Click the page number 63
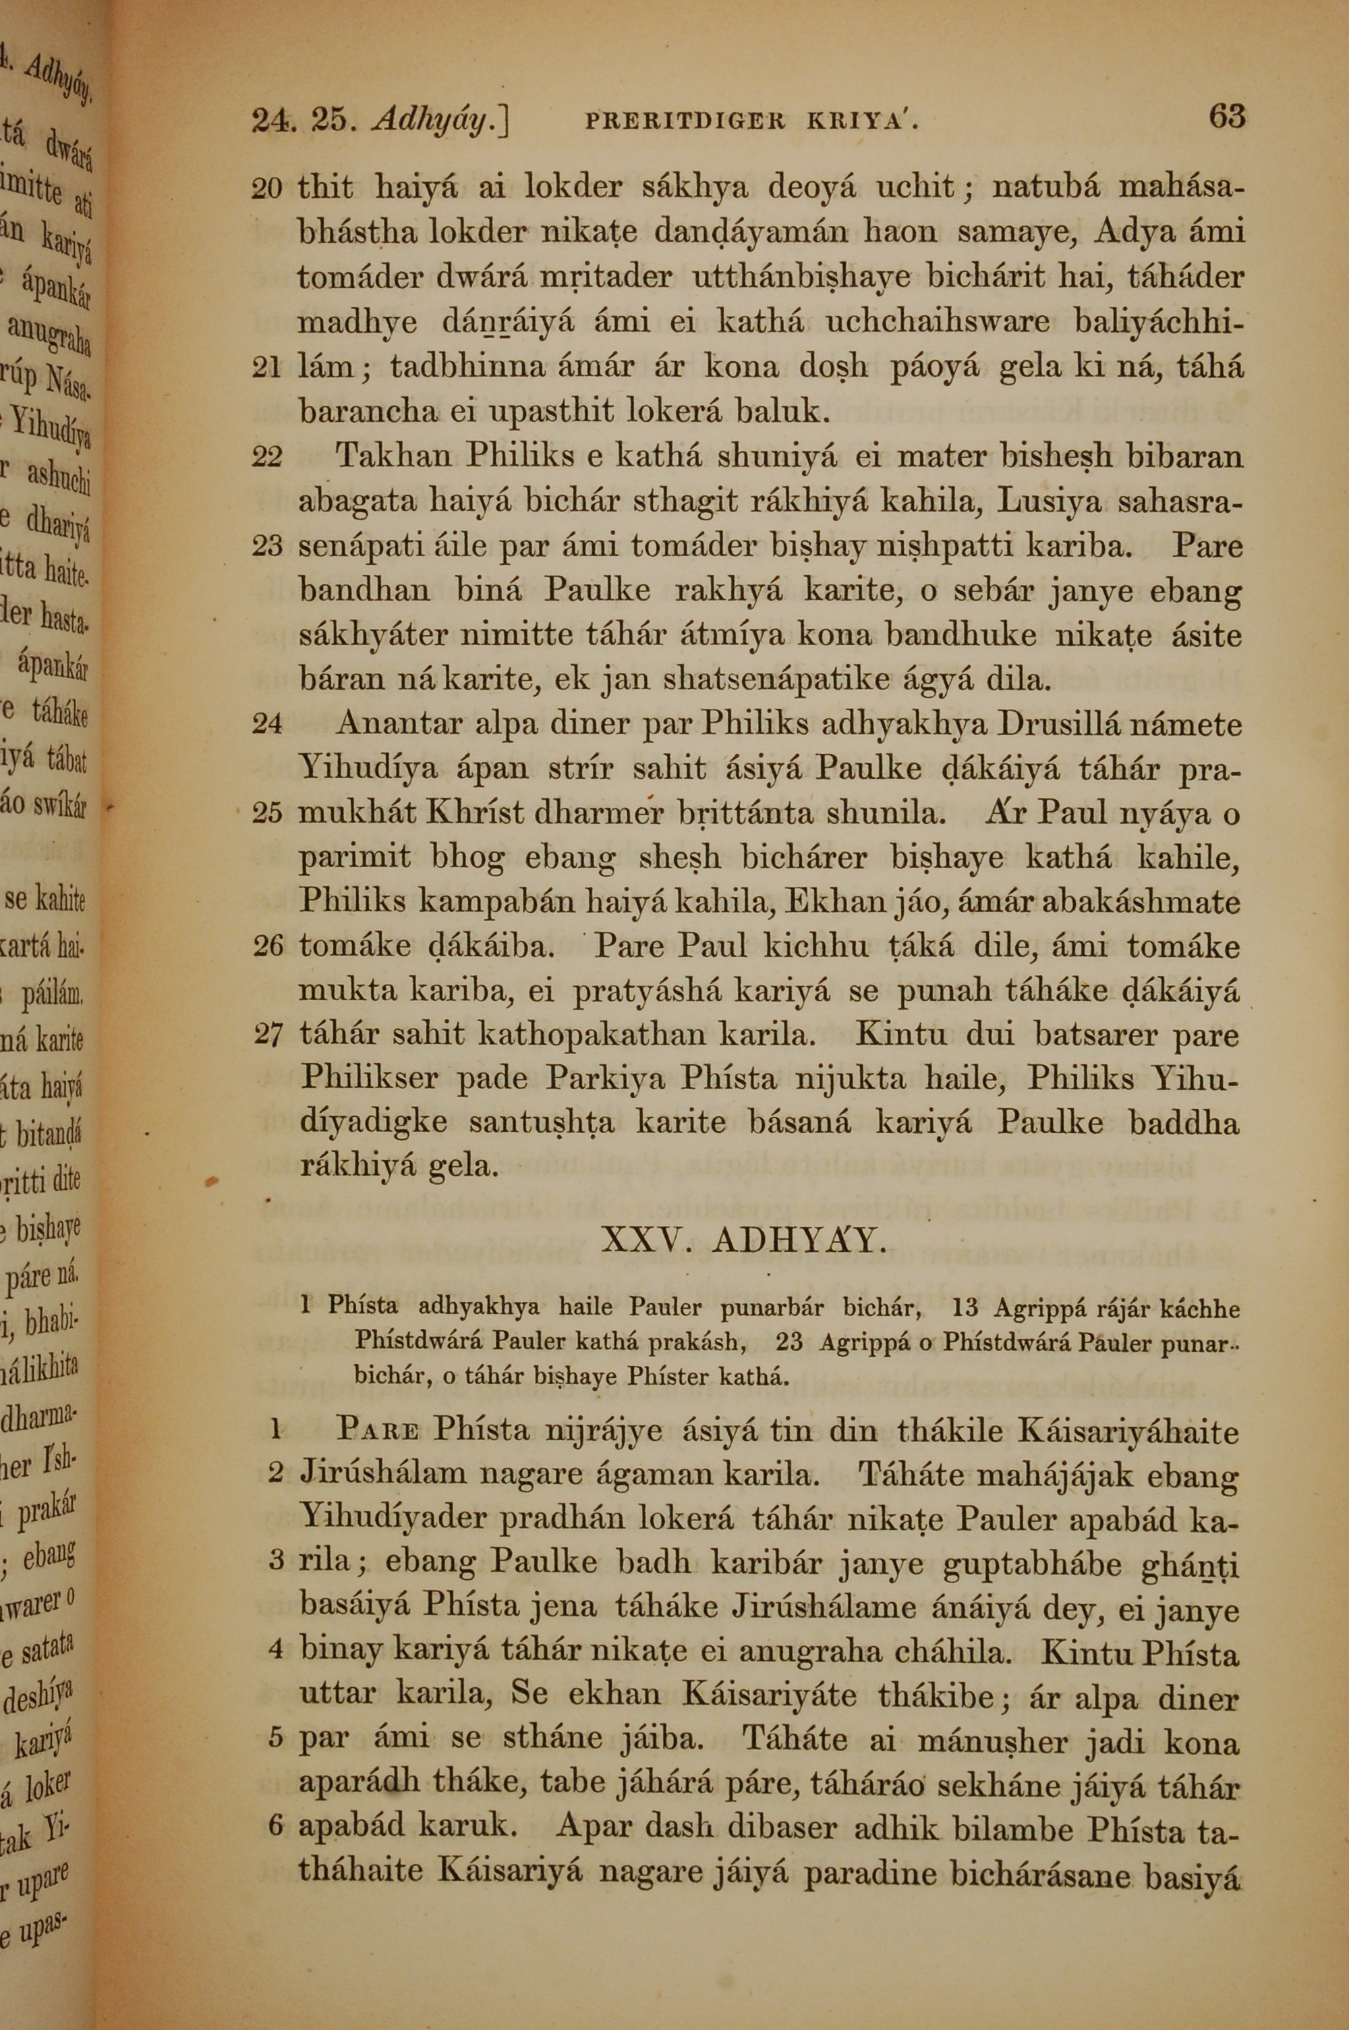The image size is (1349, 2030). [x=1226, y=116]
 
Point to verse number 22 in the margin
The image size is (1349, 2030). [x=268, y=457]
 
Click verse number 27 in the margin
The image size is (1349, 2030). [x=268, y=1035]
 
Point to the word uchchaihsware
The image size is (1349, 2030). [x=937, y=323]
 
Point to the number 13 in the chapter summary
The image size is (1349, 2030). [x=966, y=1309]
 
